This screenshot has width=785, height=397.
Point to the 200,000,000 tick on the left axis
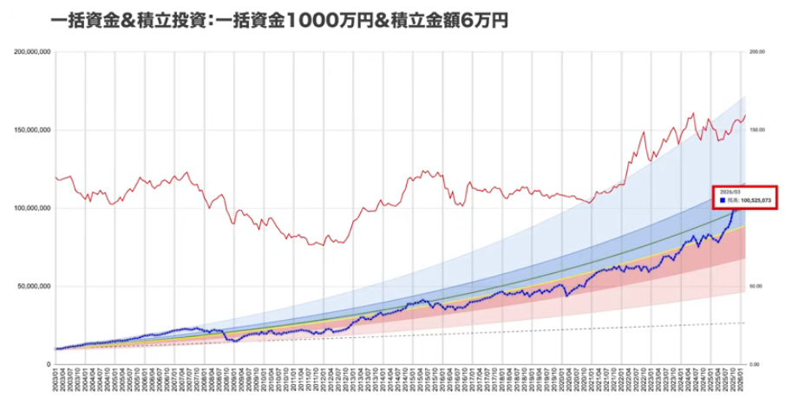coord(33,52)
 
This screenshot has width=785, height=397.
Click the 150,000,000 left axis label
coord(33,130)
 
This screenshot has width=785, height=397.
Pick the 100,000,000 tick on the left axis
coord(33,208)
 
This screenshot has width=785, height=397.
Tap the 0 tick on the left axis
coord(48,364)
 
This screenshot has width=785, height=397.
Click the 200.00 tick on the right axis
coord(756,52)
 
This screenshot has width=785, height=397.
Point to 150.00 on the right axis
coord(756,130)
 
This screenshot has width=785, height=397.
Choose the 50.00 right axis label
coord(756,286)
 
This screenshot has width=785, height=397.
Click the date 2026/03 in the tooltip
coord(729,192)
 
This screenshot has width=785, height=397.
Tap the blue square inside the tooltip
coord(722,200)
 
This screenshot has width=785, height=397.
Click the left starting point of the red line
coord(55,177)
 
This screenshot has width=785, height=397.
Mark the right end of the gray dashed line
coord(745,322)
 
